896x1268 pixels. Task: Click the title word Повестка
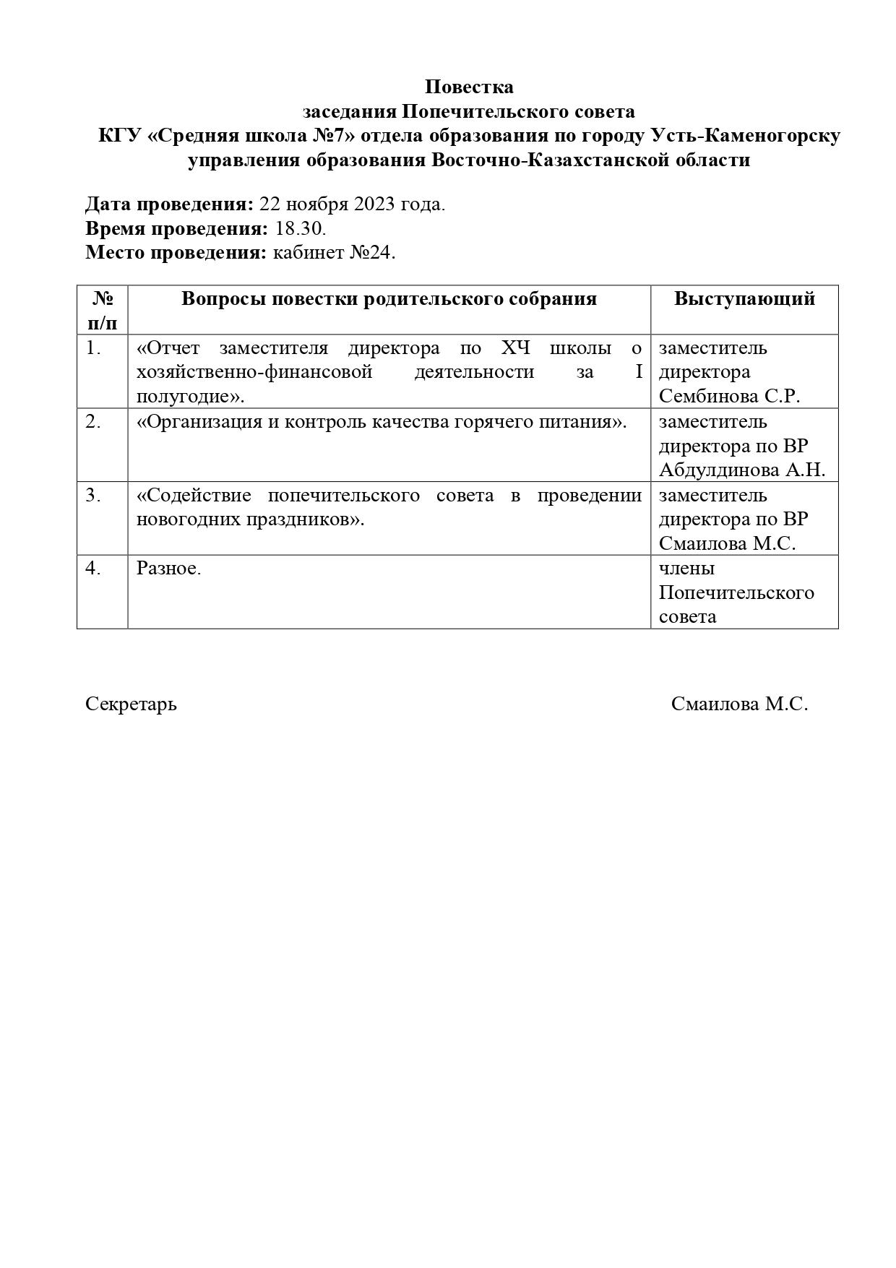pyautogui.click(x=469, y=87)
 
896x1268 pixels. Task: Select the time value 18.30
pyautogui.click(x=301, y=229)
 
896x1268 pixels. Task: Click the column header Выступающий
pyautogui.click(x=744, y=298)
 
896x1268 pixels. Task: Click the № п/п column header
pyautogui.click(x=103, y=309)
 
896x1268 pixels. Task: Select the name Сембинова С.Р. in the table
pyautogui.click(x=729, y=396)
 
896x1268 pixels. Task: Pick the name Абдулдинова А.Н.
pyautogui.click(x=741, y=470)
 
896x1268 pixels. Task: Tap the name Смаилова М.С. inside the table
pyautogui.click(x=727, y=543)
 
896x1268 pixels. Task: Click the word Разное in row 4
pyautogui.click(x=168, y=568)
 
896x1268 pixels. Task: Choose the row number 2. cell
pyautogui.click(x=93, y=421)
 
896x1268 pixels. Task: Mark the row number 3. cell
pyautogui.click(x=93, y=495)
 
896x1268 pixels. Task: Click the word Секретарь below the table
pyautogui.click(x=131, y=703)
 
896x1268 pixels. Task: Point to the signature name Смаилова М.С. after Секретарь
pyautogui.click(x=739, y=703)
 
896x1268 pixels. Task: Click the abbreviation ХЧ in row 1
pyautogui.click(x=515, y=348)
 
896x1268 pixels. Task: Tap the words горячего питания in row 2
pyautogui.click(x=546, y=421)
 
